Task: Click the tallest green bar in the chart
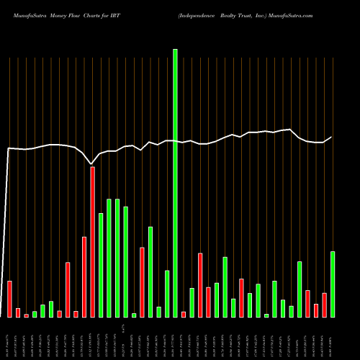(175, 183)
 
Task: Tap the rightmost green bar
(333, 284)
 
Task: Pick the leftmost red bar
(9, 299)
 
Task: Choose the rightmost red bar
(325, 305)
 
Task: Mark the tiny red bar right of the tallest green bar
(184, 314)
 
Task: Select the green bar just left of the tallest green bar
(167, 294)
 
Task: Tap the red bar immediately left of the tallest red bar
(84, 276)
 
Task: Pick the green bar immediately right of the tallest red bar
(101, 265)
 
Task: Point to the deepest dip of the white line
(91, 164)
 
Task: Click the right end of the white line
(332, 137)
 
